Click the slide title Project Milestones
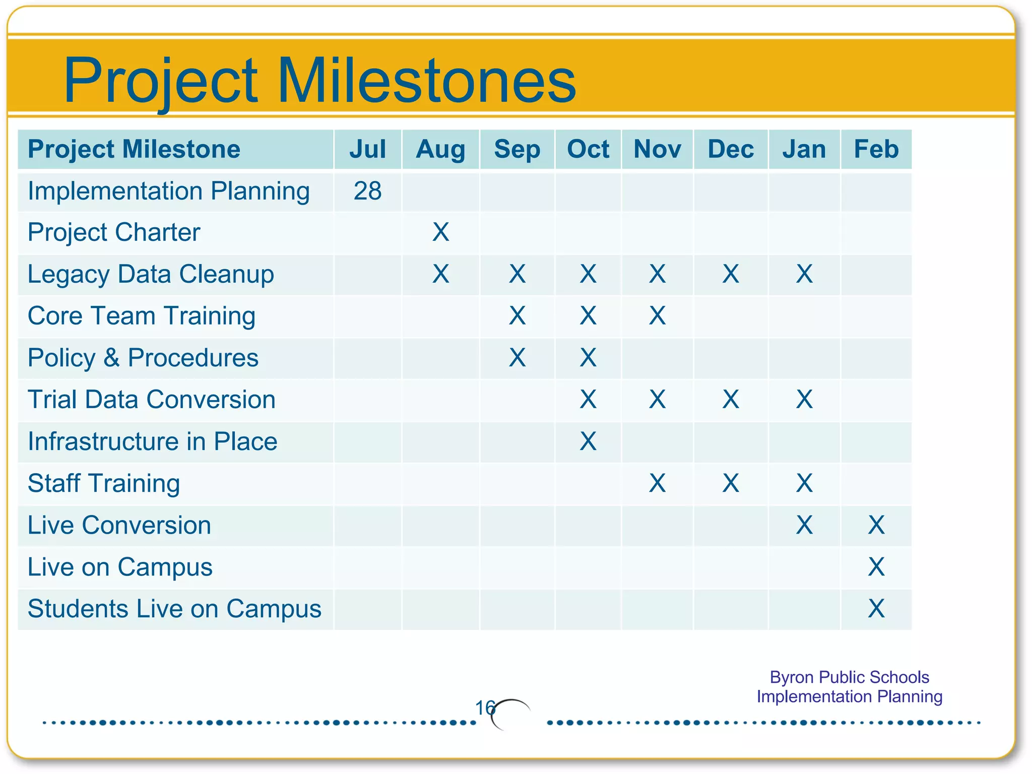(319, 81)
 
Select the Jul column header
(367, 149)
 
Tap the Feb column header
(876, 149)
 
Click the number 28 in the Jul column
(367, 191)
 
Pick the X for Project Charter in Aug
(440, 232)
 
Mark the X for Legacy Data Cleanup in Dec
(730, 274)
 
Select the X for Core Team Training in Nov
(657, 316)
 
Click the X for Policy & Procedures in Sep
(517, 358)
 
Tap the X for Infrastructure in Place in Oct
(588, 441)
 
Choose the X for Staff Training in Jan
(804, 483)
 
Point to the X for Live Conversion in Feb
(876, 525)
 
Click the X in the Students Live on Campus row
(876, 609)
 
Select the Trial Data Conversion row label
(151, 400)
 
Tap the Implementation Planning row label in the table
(168, 191)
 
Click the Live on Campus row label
(120, 567)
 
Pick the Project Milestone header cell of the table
(134, 149)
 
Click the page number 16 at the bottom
(485, 708)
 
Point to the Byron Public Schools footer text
(849, 677)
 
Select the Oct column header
(588, 149)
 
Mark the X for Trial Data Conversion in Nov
(657, 400)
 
